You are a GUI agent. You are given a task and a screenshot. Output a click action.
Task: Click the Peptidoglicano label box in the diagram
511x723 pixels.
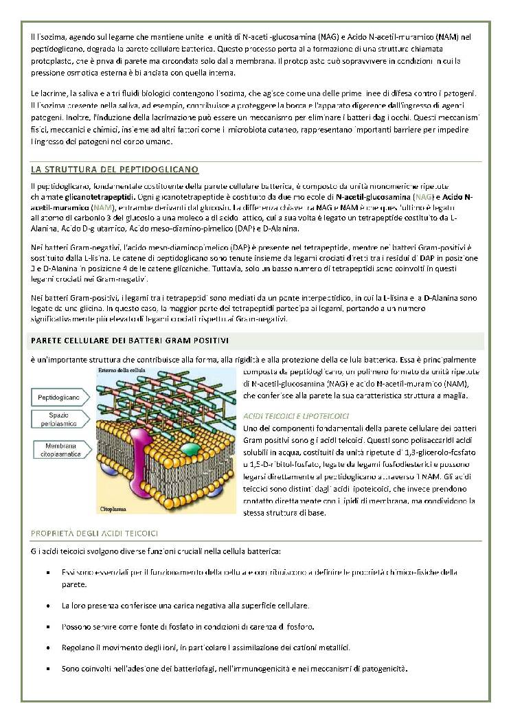(58, 397)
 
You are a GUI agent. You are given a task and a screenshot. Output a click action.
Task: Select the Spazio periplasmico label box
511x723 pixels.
(58, 419)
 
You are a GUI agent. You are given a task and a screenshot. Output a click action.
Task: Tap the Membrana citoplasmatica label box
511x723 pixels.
(58, 449)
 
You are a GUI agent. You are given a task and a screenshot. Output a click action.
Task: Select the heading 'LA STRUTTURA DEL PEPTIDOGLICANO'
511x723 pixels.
(115, 169)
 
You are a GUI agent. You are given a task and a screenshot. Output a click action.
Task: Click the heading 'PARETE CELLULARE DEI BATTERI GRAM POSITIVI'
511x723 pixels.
(129, 341)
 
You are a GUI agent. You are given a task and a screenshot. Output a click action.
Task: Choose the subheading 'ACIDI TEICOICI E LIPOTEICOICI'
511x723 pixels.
(296, 416)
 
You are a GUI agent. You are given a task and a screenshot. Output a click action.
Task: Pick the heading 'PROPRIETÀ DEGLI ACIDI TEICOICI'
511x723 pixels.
(95, 533)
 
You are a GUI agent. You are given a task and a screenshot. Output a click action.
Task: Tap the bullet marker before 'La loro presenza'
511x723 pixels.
(47, 606)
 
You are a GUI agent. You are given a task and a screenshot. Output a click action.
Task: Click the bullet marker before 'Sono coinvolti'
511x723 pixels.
(47, 668)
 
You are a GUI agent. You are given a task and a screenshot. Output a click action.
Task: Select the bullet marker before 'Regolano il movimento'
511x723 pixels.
(47, 647)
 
